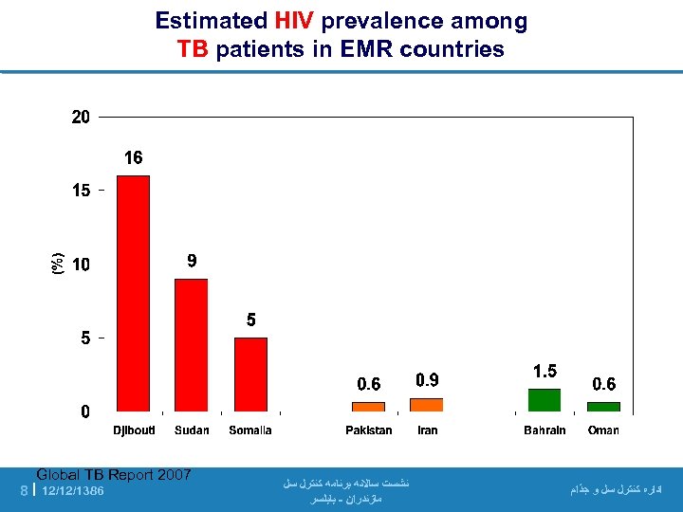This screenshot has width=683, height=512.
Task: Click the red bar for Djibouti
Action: point(133,293)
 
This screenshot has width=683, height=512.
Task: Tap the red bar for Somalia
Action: point(250,375)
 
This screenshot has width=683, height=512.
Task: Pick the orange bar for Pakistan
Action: point(368,407)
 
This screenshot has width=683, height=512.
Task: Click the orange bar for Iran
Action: point(427,405)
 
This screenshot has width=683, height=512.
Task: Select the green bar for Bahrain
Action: point(545,400)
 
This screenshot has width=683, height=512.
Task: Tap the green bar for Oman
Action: point(603,407)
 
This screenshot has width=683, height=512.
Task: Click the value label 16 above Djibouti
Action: point(134,158)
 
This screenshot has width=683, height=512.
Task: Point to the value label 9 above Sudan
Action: point(192,261)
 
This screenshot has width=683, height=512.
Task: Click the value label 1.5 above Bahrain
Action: point(545,371)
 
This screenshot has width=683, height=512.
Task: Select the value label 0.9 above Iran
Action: point(427,380)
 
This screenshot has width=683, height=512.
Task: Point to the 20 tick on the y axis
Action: point(81,118)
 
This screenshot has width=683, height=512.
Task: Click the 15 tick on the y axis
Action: point(81,191)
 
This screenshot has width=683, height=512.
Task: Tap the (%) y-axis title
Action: point(58,264)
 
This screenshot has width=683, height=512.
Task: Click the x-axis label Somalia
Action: point(250,430)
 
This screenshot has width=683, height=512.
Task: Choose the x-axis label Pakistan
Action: point(368,430)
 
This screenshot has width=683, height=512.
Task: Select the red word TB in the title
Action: point(194,49)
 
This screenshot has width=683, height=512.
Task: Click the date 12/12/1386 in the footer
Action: point(74,491)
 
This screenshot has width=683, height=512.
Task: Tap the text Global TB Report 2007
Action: point(114,475)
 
